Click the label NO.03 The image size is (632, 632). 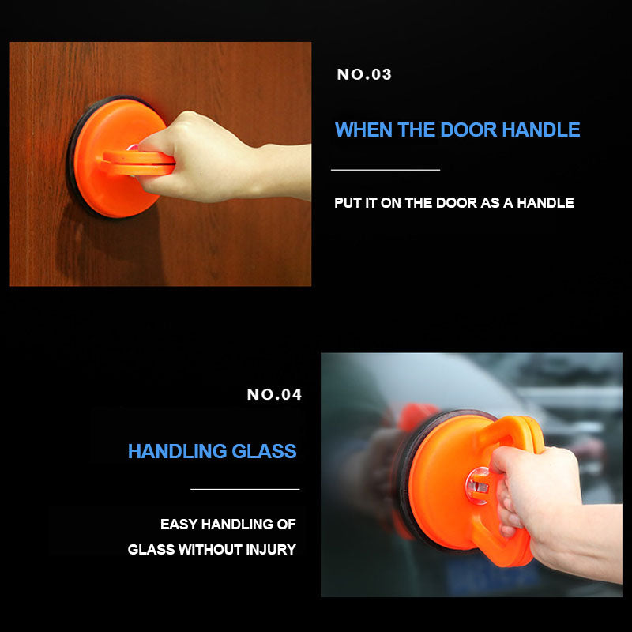[364, 75]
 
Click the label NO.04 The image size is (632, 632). [274, 395]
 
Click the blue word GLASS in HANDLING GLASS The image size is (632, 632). [264, 452]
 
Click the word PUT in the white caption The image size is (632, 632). [347, 203]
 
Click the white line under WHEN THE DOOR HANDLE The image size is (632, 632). [385, 170]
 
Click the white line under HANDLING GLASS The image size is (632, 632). [245, 490]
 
